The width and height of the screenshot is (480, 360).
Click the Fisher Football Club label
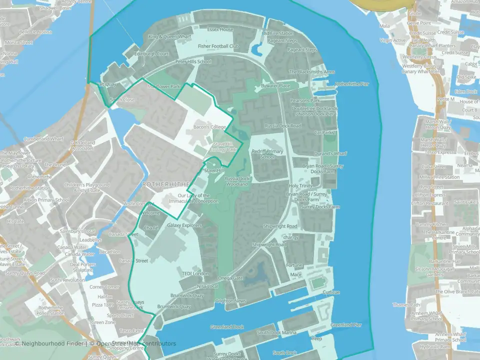pos(219,46)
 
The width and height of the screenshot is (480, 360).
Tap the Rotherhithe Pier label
pos(352,84)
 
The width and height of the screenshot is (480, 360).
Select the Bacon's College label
pos(210,127)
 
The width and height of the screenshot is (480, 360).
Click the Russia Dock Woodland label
pos(236,181)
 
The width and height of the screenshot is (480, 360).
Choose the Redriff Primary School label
pos(267,154)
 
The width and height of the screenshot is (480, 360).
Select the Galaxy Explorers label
pos(184,225)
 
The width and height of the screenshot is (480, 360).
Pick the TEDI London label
pos(195,274)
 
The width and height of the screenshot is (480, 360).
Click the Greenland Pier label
pos(346,325)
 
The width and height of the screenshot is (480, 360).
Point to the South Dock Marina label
pos(276,332)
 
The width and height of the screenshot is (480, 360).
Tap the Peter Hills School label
pos(193,62)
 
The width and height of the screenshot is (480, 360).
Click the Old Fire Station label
pos(277,33)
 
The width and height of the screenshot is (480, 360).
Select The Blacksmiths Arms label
pos(312,72)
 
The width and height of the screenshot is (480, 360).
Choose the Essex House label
pos(220,29)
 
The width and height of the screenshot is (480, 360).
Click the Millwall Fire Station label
pos(440,177)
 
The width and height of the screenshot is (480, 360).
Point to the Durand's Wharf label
pos(330,153)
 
